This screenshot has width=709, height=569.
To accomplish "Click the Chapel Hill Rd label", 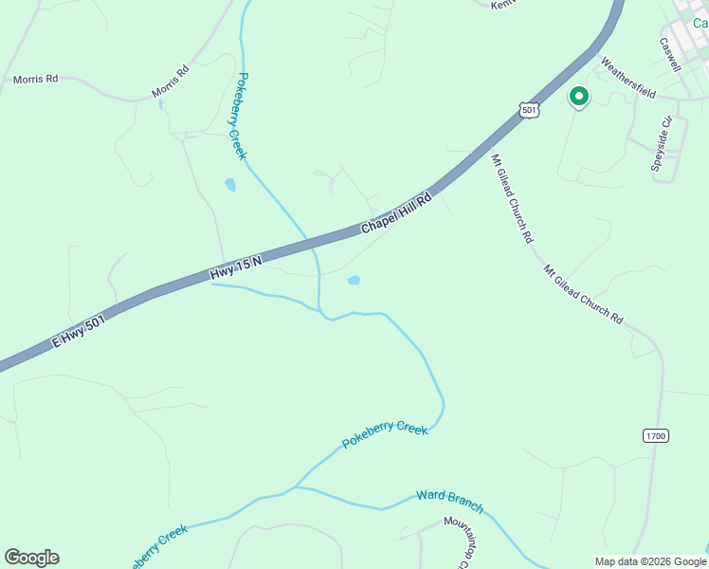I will coord(396,214).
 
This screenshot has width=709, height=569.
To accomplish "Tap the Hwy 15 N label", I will coord(236,266).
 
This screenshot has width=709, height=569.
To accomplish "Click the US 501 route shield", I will coord(530,110).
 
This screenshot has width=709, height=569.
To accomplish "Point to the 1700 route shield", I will coord(655,435).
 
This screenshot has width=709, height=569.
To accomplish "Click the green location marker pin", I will coord(577,97).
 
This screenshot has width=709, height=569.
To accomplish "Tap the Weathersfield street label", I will coord(628,78).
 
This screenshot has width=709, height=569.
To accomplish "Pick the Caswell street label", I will coord(670,54).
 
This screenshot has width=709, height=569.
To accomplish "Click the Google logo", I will coord(31,558).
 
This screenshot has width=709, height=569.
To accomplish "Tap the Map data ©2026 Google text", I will coord(651,561).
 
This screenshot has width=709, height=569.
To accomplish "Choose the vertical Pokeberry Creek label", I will coord(242,116).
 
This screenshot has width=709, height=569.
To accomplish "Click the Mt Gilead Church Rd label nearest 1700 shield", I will coord(583,294).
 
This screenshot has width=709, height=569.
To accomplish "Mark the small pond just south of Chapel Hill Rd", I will coord(354,280).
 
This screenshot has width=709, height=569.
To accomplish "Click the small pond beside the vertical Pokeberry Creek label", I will coord(230,185).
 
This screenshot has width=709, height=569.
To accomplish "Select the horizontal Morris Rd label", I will coord(35,80).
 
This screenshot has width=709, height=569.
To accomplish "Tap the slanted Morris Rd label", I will coord(171,83).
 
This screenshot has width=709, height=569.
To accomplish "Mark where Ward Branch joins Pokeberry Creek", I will coord(296,487).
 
